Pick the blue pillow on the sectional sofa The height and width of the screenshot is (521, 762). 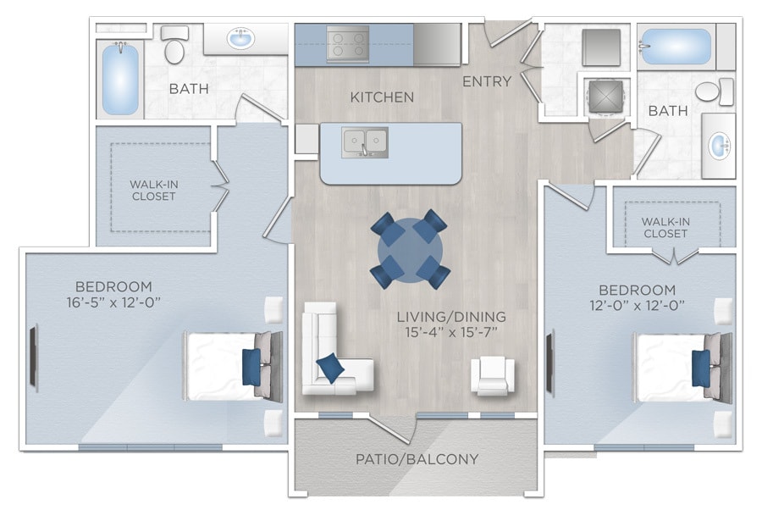pos(331,368)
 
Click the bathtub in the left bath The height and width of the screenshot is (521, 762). pos(120,79)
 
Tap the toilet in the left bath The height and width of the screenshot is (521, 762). pos(174,47)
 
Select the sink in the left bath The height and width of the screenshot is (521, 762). pos(241,39)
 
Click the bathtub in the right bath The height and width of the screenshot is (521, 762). pos(676,47)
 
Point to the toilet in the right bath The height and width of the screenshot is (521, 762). pos(713,91)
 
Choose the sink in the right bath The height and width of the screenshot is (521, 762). pos(718,146)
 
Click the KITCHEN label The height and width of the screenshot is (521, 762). pos(382,97)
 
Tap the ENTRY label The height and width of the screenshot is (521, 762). pos(487,81)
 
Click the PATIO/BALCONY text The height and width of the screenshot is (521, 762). pos(416,459)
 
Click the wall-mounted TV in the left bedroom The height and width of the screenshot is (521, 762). pos(34,358)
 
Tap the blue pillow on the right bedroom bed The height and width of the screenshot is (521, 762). pos(700,368)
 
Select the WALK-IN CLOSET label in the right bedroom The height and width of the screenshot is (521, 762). pos(665,227)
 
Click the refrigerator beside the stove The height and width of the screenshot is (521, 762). pos(437,43)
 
